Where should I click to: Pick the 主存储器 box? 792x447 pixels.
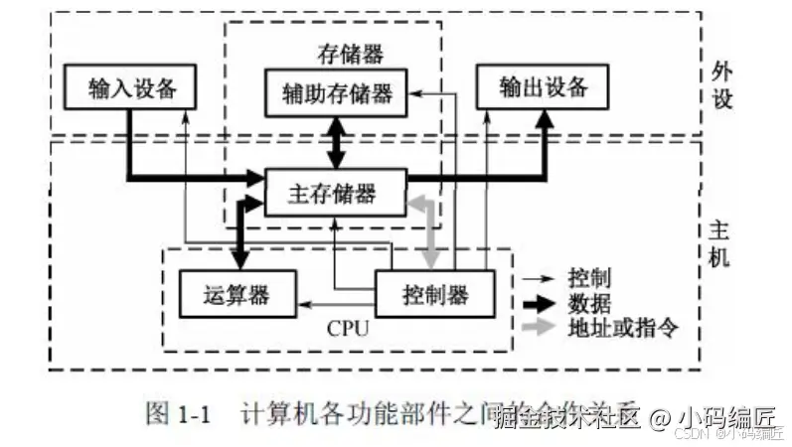coord(335,192)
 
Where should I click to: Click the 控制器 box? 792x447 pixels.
coord(434,294)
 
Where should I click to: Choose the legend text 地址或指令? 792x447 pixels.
coord(622,327)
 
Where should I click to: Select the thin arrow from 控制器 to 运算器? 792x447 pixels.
coord(338,295)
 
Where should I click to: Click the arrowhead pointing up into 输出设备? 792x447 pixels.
coord(545,120)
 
